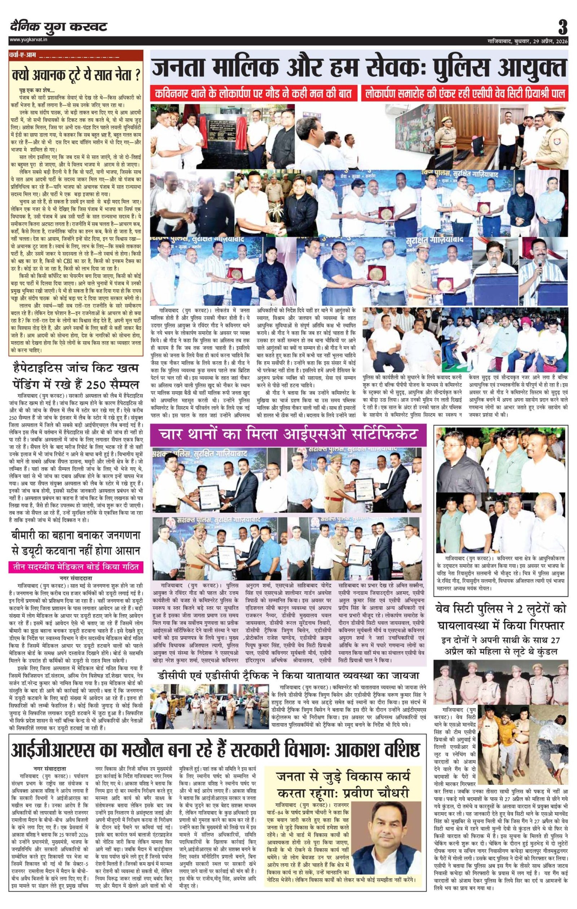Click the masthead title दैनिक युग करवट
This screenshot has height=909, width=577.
(58, 27)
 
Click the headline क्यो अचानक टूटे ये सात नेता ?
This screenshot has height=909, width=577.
(75, 75)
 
